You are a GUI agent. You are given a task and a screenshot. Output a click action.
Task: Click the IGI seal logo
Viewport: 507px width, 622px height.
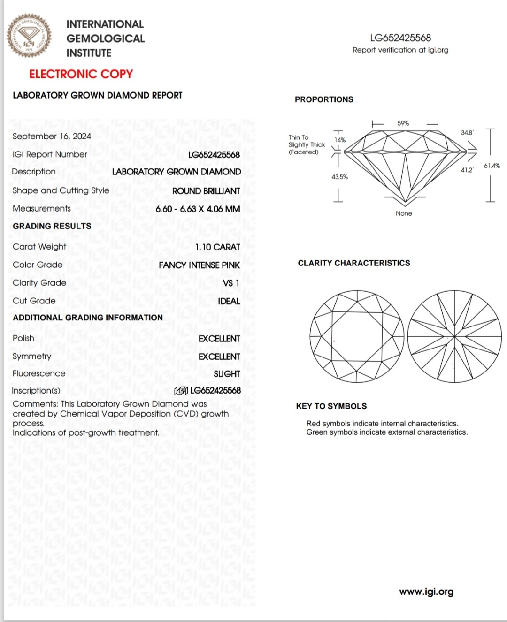pos(29,36)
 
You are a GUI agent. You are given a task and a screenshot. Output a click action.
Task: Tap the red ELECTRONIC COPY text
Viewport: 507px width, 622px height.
pos(81,74)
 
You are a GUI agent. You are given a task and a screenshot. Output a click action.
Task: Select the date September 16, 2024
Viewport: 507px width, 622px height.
pos(52,136)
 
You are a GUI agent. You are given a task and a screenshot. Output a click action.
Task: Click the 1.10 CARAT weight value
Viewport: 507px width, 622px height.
pos(217,247)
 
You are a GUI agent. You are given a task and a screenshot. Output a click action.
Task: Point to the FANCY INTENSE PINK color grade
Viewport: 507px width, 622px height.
pos(199,265)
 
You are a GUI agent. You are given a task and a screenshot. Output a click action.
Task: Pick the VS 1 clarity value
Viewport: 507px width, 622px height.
pos(231,283)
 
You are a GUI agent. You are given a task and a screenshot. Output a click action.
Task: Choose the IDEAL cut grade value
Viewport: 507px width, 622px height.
pos(229,301)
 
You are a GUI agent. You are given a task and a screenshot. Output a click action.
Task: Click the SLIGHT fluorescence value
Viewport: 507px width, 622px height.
pos(227,374)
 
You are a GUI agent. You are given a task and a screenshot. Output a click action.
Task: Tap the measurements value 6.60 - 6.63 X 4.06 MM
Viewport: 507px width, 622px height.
pos(198,209)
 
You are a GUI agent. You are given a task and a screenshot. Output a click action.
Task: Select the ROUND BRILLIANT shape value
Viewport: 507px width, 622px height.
pos(206,191)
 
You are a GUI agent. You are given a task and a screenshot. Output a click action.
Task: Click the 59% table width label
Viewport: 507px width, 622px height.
pos(403,123)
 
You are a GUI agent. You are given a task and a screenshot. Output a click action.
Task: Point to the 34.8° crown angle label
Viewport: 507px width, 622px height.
pos(467,133)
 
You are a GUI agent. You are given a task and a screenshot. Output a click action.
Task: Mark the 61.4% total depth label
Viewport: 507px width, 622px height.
pos(492,166)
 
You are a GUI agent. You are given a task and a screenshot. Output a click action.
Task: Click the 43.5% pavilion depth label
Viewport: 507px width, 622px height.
pos(339,177)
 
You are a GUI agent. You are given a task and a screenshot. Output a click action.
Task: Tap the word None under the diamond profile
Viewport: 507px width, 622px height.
pos(404,213)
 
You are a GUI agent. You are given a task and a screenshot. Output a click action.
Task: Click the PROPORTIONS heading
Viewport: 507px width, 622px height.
pos(324,99)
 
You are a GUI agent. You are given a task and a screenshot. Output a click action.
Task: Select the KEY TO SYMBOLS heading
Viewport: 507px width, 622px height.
pos(331,406)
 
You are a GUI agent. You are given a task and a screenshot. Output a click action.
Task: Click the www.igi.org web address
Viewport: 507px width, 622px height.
pos(426,592)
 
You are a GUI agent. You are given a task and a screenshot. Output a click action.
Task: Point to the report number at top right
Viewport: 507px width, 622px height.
pos(400,38)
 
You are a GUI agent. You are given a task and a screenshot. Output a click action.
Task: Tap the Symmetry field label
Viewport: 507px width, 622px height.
pos(32,357)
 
